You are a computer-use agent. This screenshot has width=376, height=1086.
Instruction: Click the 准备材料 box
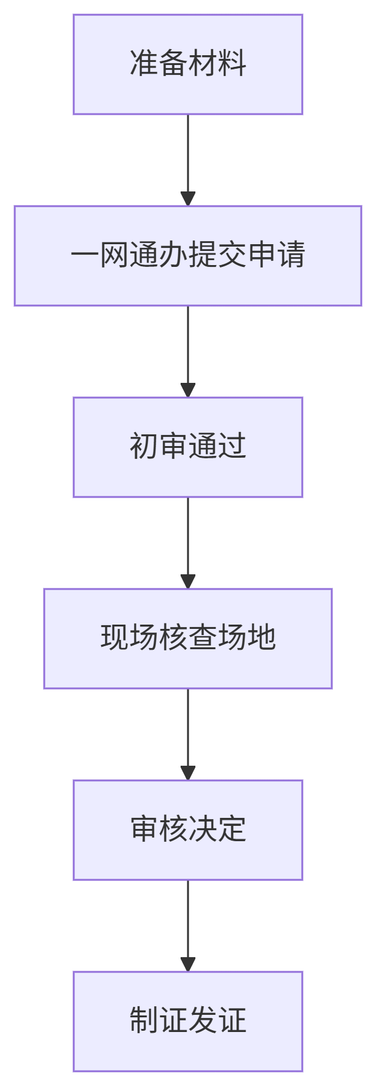188,64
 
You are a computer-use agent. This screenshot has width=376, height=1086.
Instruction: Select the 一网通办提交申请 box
188,256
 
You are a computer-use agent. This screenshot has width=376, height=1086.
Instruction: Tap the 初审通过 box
188,447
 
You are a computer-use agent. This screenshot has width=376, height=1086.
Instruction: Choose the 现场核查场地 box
188,639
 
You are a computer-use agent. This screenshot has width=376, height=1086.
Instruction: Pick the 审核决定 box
188,830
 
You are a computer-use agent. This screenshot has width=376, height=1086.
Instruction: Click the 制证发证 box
188,1022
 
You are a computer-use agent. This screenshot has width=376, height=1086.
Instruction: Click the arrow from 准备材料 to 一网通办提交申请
188,160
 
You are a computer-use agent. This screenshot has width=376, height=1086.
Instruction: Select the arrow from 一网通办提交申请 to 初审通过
188,351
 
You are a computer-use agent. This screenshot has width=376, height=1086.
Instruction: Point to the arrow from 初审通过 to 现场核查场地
188,542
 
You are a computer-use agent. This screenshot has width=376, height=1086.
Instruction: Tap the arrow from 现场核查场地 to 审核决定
188,734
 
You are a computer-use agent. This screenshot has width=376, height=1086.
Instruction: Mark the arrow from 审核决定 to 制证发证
188,925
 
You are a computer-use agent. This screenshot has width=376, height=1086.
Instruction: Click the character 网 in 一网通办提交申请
114,255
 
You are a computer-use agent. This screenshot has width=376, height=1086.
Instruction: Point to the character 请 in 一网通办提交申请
291,255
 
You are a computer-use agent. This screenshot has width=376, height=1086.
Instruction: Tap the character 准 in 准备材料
144,64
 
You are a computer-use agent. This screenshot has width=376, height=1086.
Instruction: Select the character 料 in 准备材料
232,64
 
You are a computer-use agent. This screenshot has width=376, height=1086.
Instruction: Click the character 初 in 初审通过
144,447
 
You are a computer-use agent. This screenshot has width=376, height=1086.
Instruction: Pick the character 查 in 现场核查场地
203,638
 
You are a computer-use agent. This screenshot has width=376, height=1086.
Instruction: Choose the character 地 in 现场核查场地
262,638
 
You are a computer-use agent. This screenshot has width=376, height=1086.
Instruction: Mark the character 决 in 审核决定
203,830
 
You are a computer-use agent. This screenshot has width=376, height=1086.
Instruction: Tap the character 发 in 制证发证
203,1021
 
